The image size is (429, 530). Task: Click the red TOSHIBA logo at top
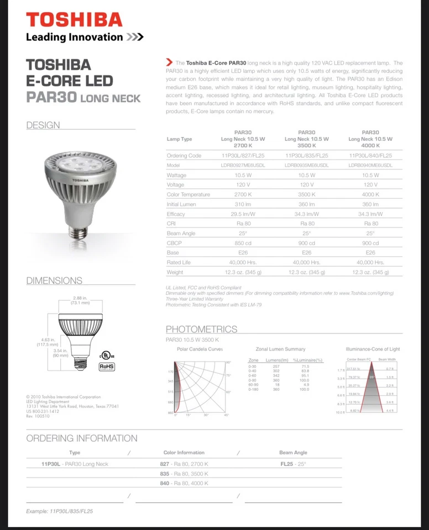[x=74, y=20]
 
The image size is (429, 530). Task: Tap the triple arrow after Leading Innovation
[x=135, y=38]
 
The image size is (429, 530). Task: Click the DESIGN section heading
[x=43, y=125]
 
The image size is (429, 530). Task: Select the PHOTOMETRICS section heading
[x=201, y=329]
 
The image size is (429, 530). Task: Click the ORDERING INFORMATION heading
[x=82, y=438]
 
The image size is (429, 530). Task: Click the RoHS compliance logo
[x=107, y=365]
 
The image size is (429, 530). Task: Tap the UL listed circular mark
[x=103, y=354]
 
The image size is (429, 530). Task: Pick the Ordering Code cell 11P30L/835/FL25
[x=306, y=156]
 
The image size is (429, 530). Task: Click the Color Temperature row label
[x=189, y=194]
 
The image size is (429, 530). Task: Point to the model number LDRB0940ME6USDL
[x=370, y=165]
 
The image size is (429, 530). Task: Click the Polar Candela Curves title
[x=200, y=349]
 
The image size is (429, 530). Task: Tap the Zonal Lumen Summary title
[x=280, y=349]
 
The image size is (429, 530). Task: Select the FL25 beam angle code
[x=286, y=464]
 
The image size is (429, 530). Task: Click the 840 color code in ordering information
[x=164, y=483]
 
